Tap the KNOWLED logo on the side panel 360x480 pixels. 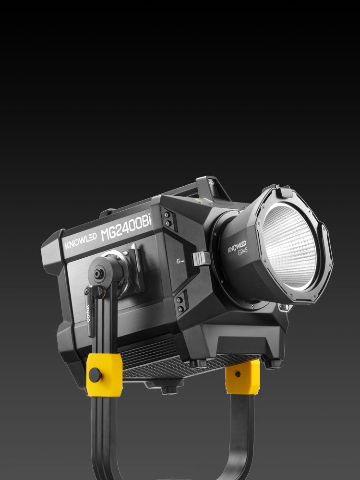tap(81, 241)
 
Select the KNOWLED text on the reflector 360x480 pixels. tap(237, 246)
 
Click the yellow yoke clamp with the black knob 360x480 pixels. tap(104, 375)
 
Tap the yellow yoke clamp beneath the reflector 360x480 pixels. tap(243, 377)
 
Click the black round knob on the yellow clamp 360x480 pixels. tap(95, 375)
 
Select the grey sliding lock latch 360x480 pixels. tap(202, 259)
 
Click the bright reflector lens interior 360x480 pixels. tap(289, 246)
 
